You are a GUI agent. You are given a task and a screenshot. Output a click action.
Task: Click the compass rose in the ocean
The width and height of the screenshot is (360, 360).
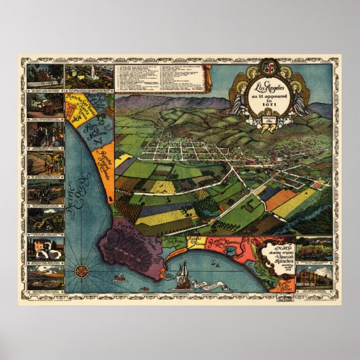[x=83, y=267]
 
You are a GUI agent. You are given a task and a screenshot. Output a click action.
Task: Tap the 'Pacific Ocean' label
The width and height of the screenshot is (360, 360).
[x=81, y=185]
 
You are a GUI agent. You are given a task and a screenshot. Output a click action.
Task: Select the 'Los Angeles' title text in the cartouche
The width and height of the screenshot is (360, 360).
[x=268, y=87]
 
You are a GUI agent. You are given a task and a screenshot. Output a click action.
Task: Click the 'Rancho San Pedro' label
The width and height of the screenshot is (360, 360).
[x=173, y=241]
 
